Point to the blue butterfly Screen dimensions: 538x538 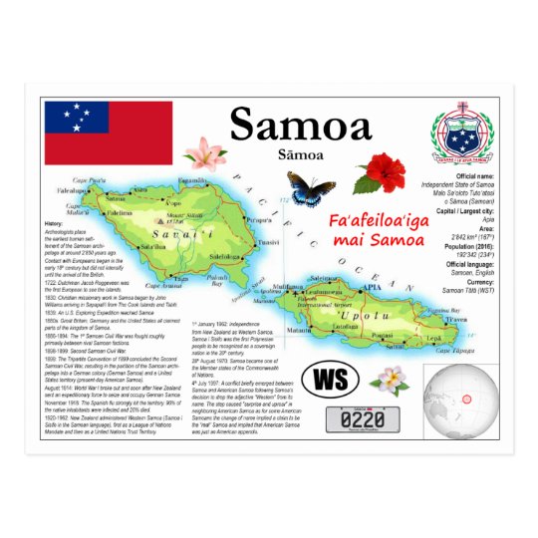311,186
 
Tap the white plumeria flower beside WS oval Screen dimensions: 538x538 391,378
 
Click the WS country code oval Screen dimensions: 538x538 329,380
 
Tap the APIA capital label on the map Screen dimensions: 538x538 372,288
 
